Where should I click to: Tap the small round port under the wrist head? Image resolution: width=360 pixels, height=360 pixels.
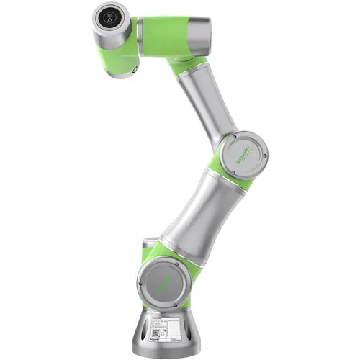(x=134, y=70)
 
